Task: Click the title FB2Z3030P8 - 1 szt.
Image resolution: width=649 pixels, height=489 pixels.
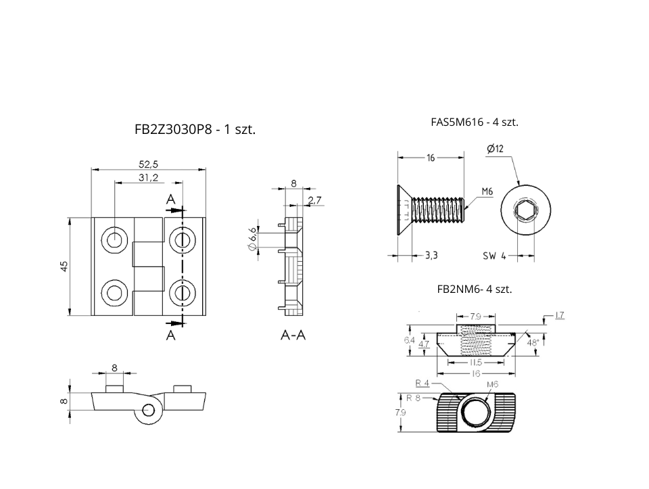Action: [195, 130]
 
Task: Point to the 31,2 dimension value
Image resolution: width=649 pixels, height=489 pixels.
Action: [148, 177]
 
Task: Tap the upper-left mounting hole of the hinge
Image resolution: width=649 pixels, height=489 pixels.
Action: [114, 239]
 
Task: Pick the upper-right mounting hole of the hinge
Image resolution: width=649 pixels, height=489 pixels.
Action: [182, 239]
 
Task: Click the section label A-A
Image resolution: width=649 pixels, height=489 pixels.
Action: [293, 335]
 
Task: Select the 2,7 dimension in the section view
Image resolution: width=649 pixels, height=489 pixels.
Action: [314, 200]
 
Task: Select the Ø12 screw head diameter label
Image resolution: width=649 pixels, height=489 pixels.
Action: [496, 149]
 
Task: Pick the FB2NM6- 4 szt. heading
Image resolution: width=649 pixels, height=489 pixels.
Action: [475, 289]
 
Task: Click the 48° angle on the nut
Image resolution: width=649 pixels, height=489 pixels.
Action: [533, 343]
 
